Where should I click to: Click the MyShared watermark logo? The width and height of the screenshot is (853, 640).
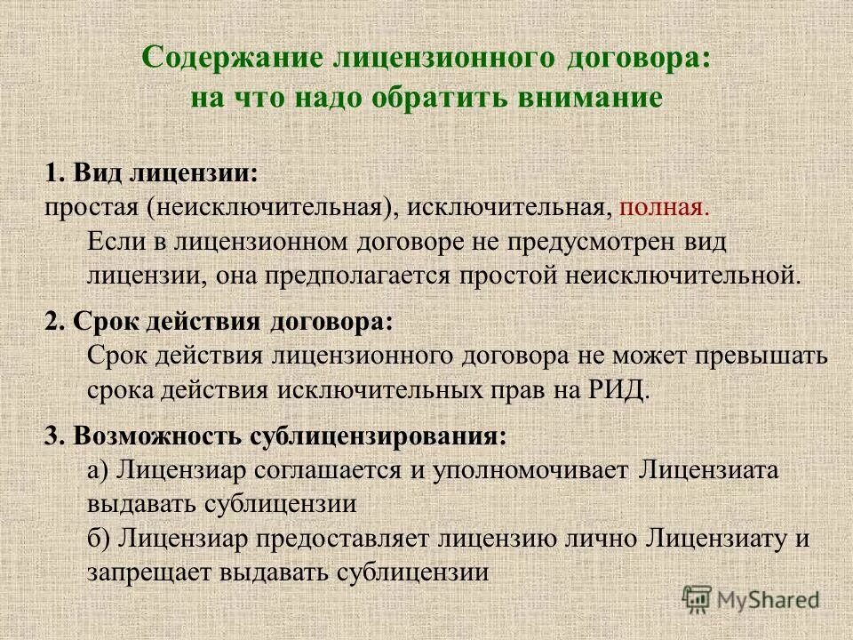click(x=751, y=599)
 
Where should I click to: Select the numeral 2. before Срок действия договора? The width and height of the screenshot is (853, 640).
click(x=54, y=322)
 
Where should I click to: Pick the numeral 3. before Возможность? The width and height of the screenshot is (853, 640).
click(x=54, y=436)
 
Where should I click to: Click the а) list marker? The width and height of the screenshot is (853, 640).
click(x=100, y=470)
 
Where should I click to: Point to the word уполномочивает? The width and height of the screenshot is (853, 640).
click(x=531, y=470)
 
